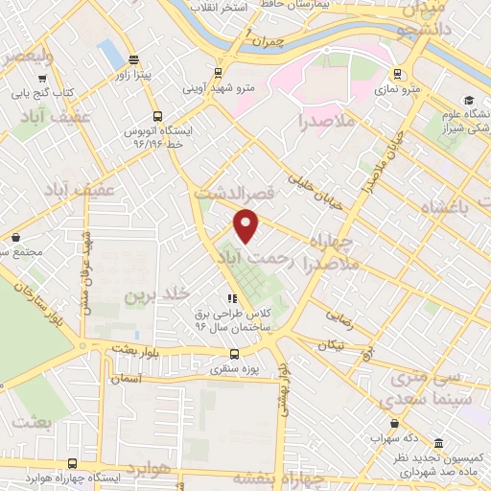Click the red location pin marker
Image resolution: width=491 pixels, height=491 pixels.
[x=247, y=224]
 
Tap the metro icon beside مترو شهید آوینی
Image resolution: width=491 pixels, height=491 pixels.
[x=220, y=72]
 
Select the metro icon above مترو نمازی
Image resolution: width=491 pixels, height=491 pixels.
[x=397, y=73]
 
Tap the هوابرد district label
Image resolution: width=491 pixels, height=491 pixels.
[x=152, y=469]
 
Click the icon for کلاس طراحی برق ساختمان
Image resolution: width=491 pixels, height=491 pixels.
[x=231, y=297]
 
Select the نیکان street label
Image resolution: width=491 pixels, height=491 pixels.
[x=335, y=342]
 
